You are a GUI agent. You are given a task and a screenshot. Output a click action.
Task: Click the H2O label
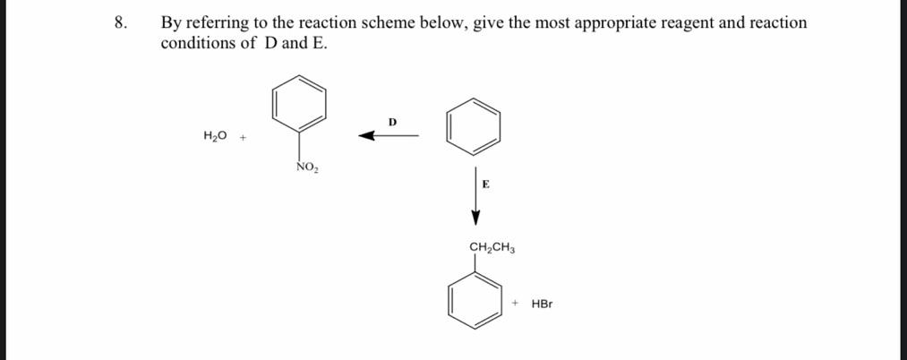coord(215,136)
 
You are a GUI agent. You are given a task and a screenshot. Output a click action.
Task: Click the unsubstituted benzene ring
coord(474,126)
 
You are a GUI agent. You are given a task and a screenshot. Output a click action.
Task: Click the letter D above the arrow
coord(392,121)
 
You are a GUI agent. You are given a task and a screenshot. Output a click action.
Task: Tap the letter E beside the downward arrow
coord(485,184)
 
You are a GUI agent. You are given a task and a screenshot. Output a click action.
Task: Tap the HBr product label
coord(542,304)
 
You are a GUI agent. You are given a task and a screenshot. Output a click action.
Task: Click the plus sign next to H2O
coord(243,137)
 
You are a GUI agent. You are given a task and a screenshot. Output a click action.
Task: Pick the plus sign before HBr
coord(517,304)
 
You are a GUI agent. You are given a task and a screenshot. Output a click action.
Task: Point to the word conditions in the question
coord(199,43)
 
